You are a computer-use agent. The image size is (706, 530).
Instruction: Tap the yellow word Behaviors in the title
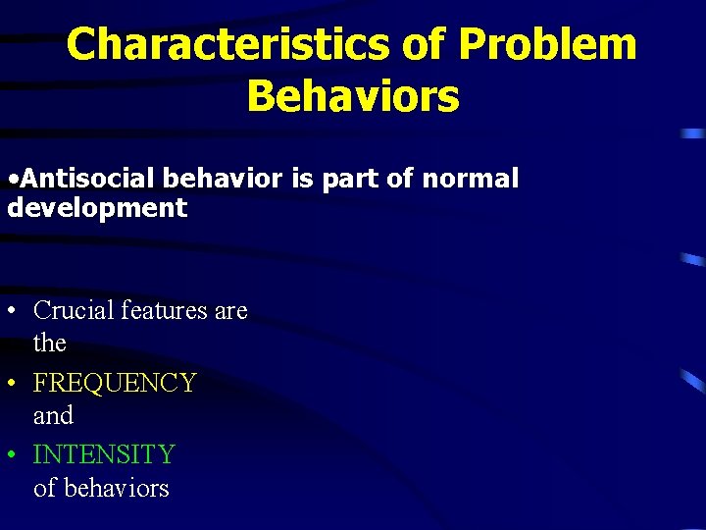(x=352, y=96)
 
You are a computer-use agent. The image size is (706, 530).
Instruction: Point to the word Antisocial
(x=87, y=179)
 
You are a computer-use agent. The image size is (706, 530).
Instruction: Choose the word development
(x=96, y=207)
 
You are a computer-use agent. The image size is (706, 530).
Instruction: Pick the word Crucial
(x=74, y=310)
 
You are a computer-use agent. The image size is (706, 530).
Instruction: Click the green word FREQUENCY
(x=115, y=383)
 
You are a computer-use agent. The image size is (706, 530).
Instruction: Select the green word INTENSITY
(x=104, y=454)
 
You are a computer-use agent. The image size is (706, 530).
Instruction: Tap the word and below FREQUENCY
(x=53, y=415)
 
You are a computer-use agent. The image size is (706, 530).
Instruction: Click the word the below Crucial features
(x=50, y=343)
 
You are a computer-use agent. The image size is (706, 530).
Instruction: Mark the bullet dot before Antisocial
(x=11, y=180)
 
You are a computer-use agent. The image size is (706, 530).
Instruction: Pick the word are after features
(x=230, y=310)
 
